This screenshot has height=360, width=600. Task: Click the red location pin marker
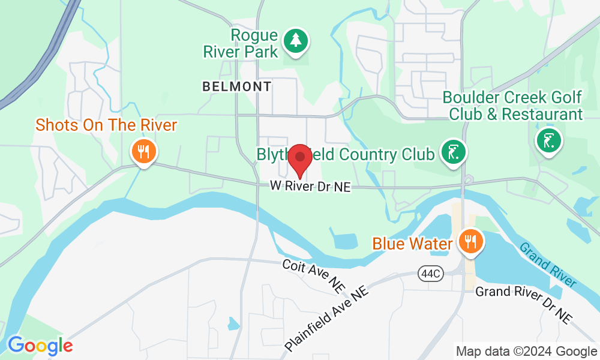(x=299, y=159)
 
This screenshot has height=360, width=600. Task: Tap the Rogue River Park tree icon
(x=295, y=41)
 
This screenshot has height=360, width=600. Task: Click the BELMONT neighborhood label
(x=237, y=86)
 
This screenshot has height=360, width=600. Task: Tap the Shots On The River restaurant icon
(x=143, y=151)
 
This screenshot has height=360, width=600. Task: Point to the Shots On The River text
(x=106, y=125)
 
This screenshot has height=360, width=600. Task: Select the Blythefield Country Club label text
(x=345, y=154)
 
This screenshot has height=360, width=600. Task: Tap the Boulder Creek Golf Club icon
(x=548, y=140)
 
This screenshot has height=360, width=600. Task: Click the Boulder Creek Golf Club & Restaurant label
(x=512, y=106)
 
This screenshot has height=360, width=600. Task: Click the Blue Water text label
(x=412, y=244)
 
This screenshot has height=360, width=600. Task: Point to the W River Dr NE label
(x=310, y=187)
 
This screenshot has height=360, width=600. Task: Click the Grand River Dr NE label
(x=523, y=304)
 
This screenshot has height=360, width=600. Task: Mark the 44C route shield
(x=430, y=274)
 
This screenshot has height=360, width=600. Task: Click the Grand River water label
(x=548, y=265)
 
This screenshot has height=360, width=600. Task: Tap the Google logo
(x=40, y=346)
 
